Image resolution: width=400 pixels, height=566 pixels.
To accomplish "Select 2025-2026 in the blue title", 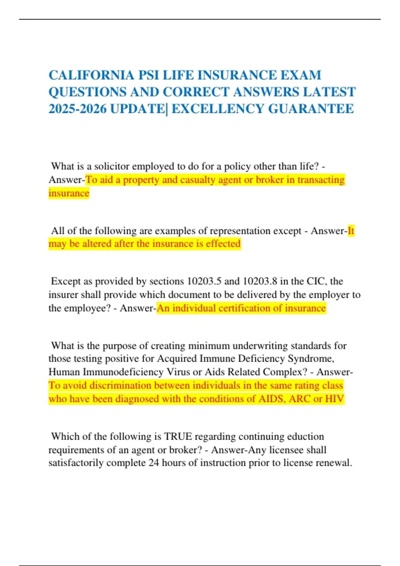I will (x=77, y=109).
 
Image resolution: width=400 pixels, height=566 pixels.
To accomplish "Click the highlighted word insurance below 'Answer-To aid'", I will (x=69, y=193).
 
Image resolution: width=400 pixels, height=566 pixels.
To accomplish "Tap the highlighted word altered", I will (x=97, y=244).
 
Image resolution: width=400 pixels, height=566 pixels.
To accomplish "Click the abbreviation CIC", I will (x=316, y=281).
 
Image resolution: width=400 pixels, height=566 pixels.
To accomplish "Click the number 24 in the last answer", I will (x=154, y=463).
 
